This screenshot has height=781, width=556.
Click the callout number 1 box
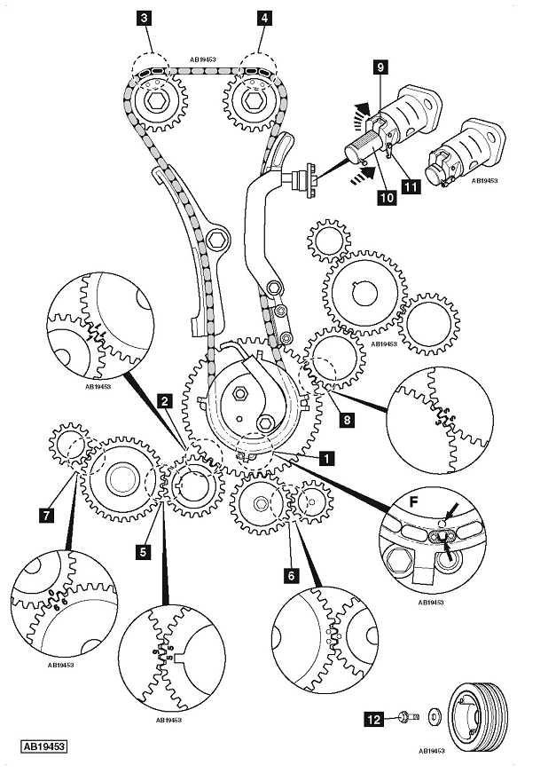coord(327,459)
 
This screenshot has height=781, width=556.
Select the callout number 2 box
coord(163,401)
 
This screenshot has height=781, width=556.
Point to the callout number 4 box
coord(263,17)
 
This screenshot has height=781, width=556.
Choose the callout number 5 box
coord(141,550)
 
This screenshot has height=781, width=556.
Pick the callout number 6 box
coord(290,574)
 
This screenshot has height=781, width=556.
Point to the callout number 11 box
coord(410,185)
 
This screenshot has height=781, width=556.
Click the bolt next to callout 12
coord(403,716)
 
